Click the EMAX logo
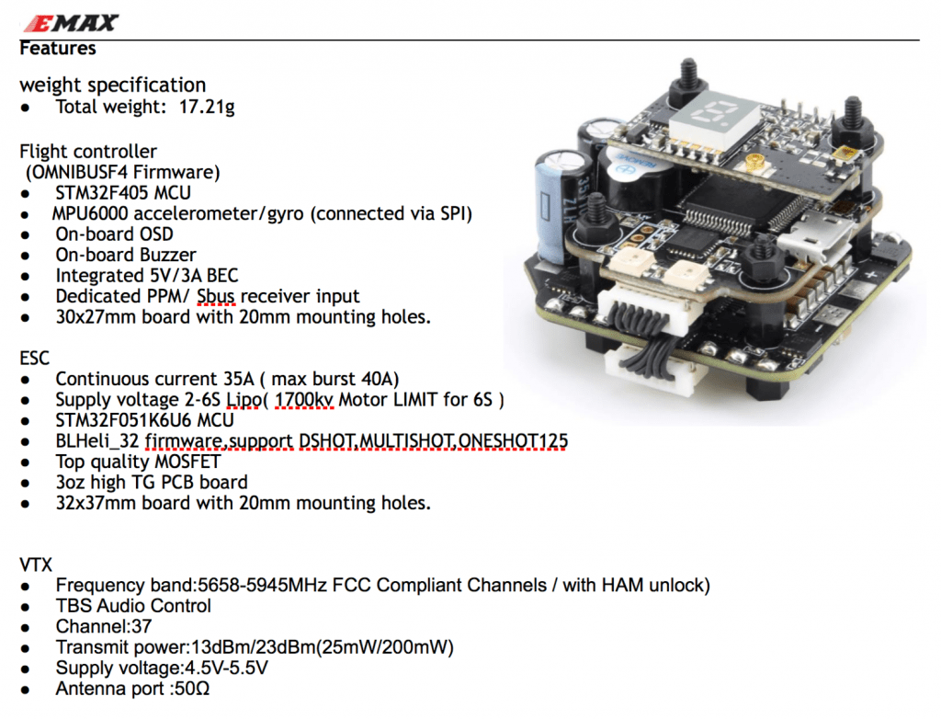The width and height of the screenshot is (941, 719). [x=68, y=23]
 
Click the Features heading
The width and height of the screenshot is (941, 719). [x=57, y=47]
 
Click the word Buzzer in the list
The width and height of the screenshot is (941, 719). [x=164, y=255]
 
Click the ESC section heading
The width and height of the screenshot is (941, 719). [x=36, y=358]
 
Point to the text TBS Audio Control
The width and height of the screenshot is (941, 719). [x=133, y=606]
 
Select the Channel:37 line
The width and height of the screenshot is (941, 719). [x=103, y=626]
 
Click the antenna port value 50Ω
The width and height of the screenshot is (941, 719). [x=191, y=688]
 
